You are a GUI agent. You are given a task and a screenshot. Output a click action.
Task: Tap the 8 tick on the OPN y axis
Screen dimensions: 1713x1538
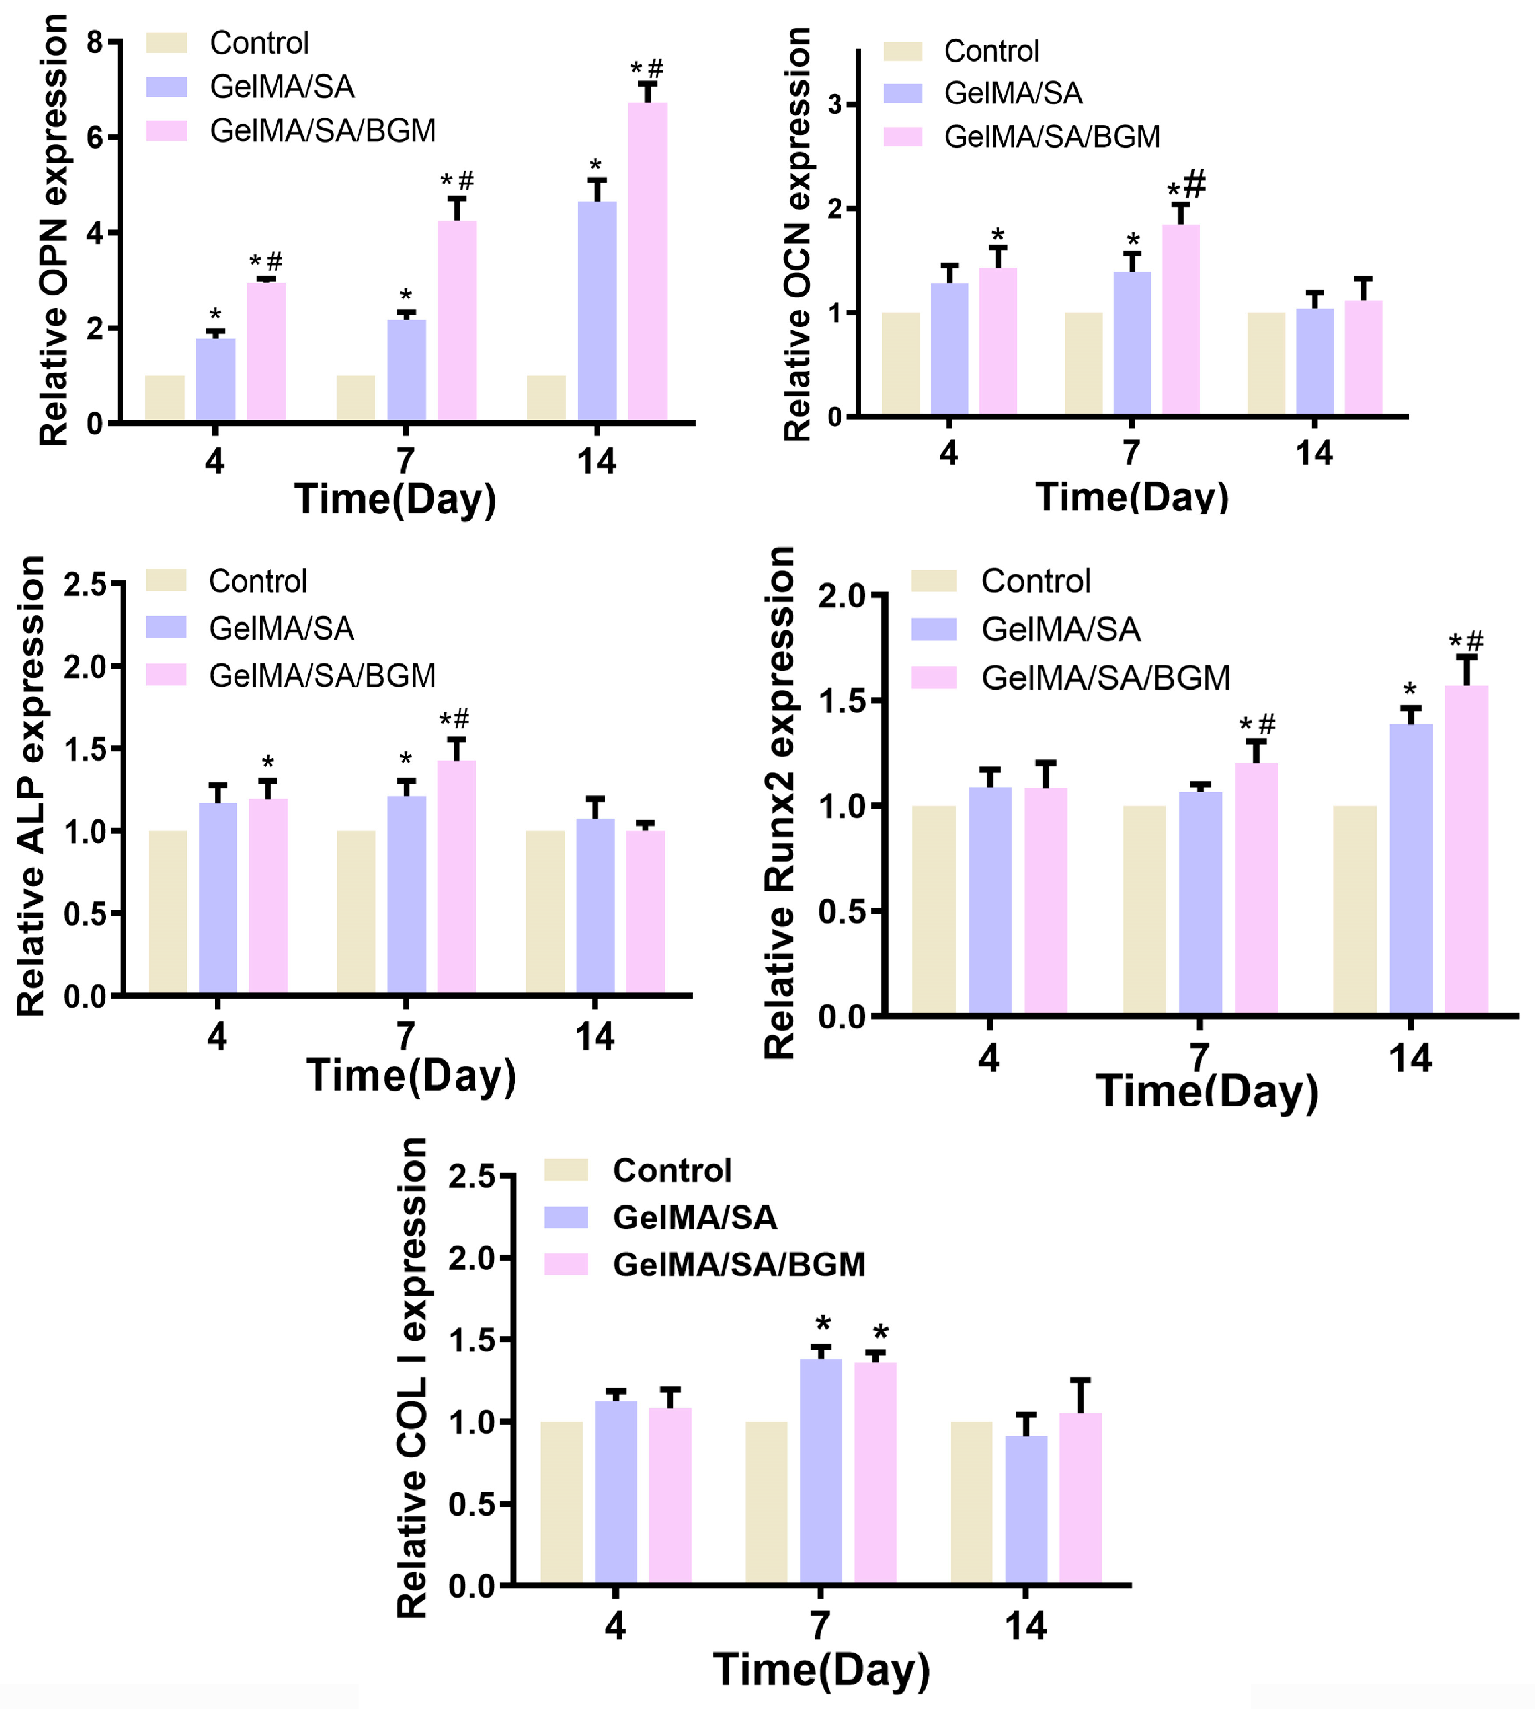[95, 42]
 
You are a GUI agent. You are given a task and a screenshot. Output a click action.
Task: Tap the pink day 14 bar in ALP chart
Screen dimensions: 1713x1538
[646, 912]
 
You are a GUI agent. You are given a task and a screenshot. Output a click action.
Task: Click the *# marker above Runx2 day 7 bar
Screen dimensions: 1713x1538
[1257, 724]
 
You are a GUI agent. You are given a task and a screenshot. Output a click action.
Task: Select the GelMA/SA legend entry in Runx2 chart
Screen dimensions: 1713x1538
[1060, 630]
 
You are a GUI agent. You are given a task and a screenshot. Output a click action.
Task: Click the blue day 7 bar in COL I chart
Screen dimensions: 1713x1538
[820, 1471]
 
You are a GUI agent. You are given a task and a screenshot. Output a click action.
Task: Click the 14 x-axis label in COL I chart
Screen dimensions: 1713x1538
[1025, 1627]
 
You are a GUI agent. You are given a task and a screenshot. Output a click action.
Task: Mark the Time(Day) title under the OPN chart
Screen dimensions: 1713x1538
[395, 499]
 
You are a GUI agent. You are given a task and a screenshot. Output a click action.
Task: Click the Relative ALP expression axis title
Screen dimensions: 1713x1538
[31, 786]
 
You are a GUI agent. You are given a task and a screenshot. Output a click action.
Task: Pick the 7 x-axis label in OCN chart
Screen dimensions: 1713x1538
[1131, 454]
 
